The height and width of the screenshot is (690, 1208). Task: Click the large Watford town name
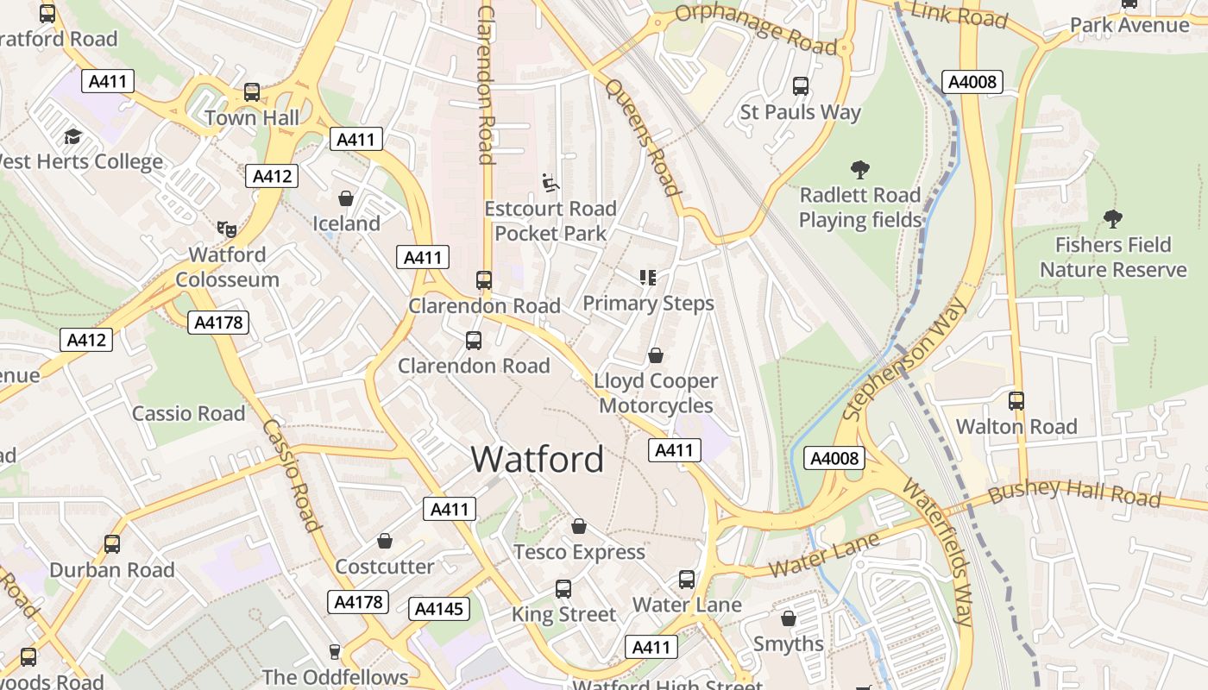pos(537,459)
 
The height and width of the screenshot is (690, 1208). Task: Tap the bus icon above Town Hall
pos(252,91)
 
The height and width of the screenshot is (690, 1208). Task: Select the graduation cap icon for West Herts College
pos(72,136)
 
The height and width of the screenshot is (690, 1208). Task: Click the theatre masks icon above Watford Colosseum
pos(227,229)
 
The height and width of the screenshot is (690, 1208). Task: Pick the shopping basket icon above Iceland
pos(346,198)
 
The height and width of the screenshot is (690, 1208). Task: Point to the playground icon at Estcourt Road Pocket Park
pos(550,183)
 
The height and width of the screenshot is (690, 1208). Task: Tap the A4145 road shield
pos(439,609)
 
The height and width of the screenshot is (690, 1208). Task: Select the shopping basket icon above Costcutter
pos(385,541)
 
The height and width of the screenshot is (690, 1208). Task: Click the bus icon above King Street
pos(563,589)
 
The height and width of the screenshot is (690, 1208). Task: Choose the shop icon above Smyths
pos(788,618)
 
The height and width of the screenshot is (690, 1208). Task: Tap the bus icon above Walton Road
pos(1016,400)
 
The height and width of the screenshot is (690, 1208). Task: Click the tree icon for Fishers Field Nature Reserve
pos(1113,219)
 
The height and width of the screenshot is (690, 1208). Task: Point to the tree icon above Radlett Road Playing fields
pos(859,169)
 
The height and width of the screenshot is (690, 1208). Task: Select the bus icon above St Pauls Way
pos(801,86)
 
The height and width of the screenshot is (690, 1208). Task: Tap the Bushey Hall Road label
pos(1074,493)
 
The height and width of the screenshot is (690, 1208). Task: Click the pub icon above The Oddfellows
pos(335,651)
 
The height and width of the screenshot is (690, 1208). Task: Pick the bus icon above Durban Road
pos(112,544)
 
